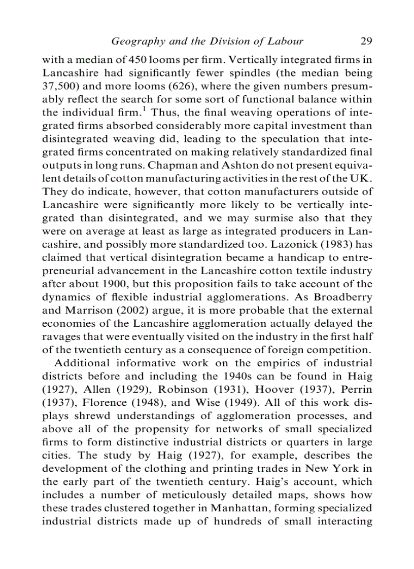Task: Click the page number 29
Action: coord(366,41)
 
